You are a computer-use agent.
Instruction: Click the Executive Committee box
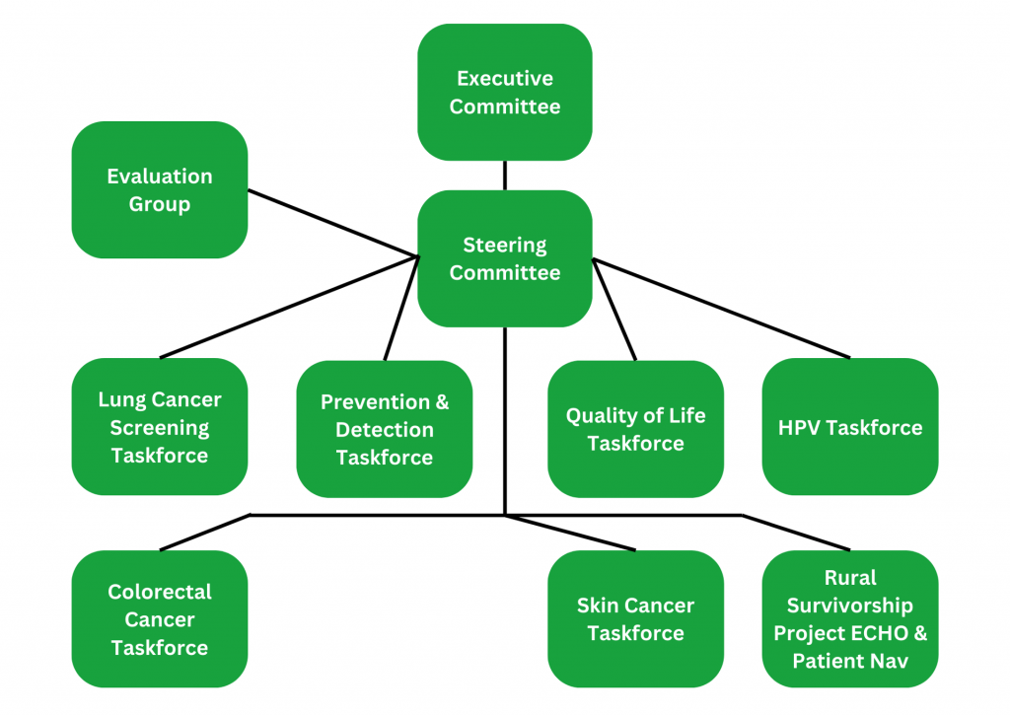504,92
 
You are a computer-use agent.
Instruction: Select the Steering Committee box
504,258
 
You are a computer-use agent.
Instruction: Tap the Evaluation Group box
160,190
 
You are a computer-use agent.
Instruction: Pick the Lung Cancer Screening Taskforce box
160,426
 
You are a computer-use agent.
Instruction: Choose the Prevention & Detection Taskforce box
385,429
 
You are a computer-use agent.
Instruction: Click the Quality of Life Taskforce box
636,429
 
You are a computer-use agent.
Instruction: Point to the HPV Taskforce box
850,426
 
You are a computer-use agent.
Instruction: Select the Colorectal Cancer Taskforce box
160,619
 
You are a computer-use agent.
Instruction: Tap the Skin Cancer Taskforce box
636,619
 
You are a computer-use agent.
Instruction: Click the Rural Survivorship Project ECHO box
850,619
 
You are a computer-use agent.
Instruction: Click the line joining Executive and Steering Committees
504,176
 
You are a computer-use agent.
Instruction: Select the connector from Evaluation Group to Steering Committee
333,223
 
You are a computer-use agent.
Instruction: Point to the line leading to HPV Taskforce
721,308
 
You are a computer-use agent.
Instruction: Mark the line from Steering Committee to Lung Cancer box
289,307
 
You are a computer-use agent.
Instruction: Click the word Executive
505,79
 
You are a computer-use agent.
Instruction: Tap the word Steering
505,246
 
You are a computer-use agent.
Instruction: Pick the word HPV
799,428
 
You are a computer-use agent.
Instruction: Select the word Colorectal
160,592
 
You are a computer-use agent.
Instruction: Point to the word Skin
595,606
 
